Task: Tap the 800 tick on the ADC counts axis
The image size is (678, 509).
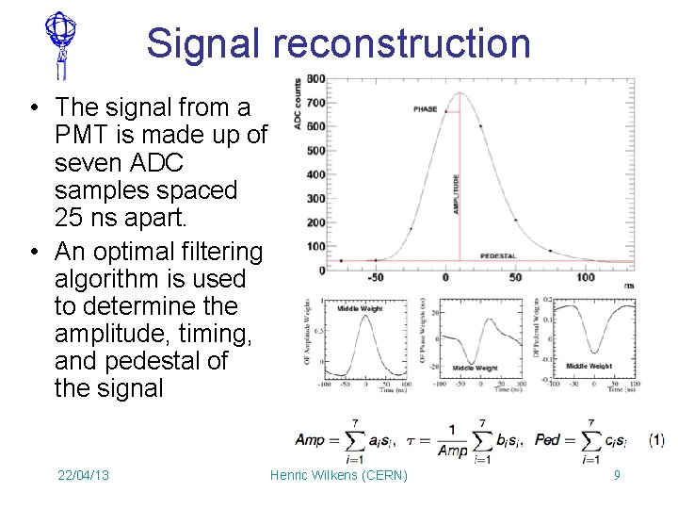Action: pos(315,79)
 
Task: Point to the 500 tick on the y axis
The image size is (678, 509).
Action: pos(315,151)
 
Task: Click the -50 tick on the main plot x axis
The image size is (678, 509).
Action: pos(377,278)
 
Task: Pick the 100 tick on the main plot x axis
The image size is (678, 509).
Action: pos(586,278)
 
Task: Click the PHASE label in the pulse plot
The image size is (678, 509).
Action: pos(426,109)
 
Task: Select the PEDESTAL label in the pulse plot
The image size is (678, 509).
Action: pos(499,255)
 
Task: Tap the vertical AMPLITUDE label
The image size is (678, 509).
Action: pos(457,193)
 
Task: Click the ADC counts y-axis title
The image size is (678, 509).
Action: pos(299,104)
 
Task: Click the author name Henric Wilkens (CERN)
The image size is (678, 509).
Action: pos(339,475)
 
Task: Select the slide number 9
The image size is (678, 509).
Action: pos(617,475)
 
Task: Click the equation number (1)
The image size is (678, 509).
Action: pos(656,440)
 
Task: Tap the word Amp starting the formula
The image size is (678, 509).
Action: pos(310,440)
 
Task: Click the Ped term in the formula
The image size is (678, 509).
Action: pos(549,440)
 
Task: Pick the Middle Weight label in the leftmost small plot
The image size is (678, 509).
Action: pos(360,308)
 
